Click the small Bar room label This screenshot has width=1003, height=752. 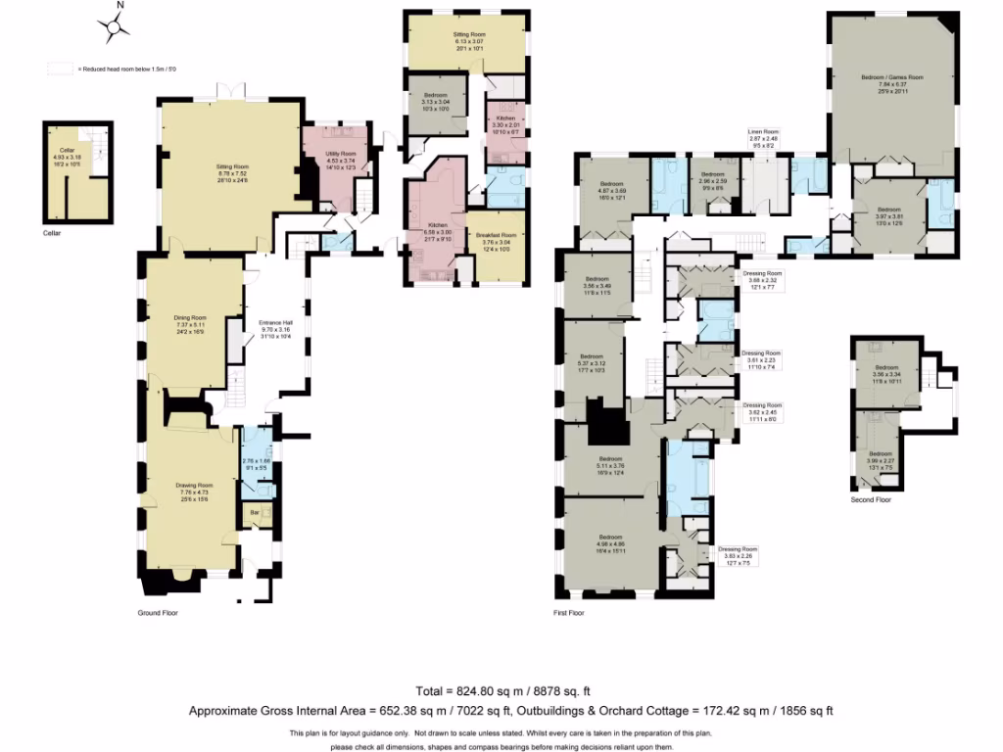point(257,511)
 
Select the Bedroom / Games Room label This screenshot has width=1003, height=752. point(891,76)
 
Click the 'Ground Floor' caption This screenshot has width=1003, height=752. point(158,613)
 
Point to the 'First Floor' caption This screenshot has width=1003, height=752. point(568,613)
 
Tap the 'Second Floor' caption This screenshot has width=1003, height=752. point(871,499)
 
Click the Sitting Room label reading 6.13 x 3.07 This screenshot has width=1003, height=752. point(469,34)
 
